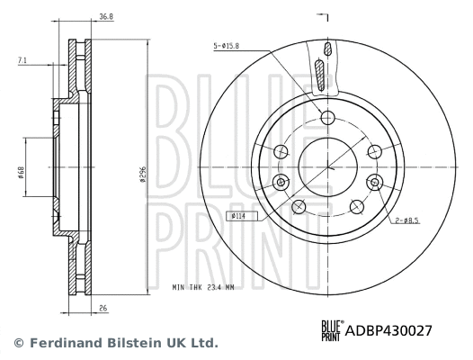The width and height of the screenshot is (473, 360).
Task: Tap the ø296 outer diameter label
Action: (142, 175)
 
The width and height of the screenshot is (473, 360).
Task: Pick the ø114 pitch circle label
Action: (238, 216)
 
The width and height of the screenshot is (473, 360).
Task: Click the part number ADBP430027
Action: (389, 330)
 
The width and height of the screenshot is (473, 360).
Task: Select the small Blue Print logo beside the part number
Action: (330, 330)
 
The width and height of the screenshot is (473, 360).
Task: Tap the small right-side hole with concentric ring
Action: (372, 183)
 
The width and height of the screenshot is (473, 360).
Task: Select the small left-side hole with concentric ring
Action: (281, 183)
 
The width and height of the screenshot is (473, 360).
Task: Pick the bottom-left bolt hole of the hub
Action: (299, 206)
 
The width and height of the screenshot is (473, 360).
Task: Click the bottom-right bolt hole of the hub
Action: (355, 206)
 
